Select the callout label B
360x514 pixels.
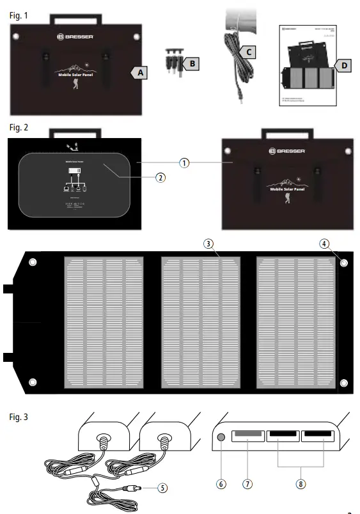[x=191, y=63]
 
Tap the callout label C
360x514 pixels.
[x=250, y=51]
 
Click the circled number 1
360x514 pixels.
[x=184, y=162]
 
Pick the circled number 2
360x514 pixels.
[x=160, y=177]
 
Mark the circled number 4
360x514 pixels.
[x=325, y=244]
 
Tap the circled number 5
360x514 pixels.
[x=163, y=487]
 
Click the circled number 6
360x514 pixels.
[x=221, y=484]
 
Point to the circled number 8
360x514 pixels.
[x=300, y=484]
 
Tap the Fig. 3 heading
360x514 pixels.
[x=19, y=417]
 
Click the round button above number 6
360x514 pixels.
[x=221, y=439]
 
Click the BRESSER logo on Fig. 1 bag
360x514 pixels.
[x=75, y=38]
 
